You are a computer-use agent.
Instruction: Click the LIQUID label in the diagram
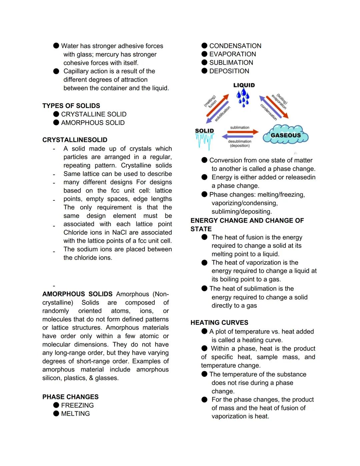[x=244, y=85]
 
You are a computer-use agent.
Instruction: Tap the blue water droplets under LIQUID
[x=243, y=98]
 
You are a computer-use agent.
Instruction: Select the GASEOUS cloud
[x=286, y=135]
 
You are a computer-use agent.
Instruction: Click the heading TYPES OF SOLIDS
[x=71, y=106]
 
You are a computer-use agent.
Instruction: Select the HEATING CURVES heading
[x=219, y=323]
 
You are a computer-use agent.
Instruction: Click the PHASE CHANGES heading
[x=70, y=397]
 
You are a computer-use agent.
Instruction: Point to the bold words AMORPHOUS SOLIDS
[x=77, y=294]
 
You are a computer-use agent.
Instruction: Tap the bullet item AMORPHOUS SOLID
[x=93, y=123]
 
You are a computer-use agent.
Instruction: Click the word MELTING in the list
[x=75, y=414]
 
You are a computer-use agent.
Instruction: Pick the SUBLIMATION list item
[x=231, y=63]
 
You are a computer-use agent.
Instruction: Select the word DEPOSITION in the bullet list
[x=229, y=71]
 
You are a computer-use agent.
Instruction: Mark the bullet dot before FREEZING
[x=56, y=405]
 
